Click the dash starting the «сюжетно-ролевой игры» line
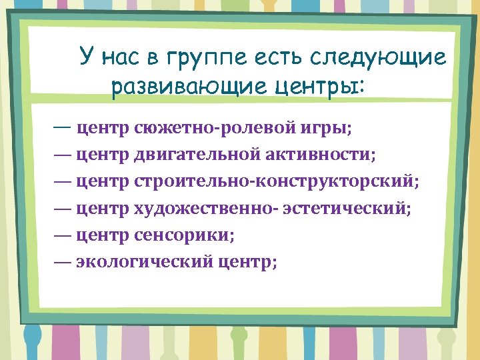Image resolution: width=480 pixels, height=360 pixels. [x=65, y=127]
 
